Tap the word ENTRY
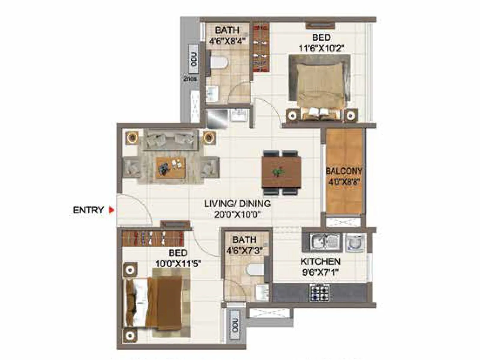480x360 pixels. click(88, 210)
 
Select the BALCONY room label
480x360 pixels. click(344, 171)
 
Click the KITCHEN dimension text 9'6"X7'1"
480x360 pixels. click(321, 273)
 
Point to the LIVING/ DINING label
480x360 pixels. click(237, 204)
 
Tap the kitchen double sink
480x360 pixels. click(325, 241)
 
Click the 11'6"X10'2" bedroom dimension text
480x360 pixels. click(321, 48)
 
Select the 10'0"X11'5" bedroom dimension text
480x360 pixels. click(178, 264)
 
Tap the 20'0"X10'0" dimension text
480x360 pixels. click(237, 215)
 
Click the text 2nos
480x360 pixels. click(190, 79)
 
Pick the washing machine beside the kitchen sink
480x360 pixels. click(355, 242)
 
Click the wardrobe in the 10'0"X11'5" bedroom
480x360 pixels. click(153, 238)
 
